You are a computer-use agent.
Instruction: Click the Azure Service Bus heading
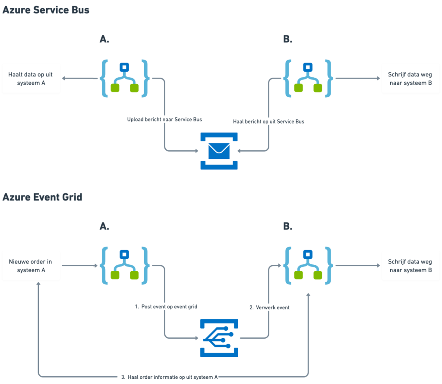pyautogui.click(x=46, y=10)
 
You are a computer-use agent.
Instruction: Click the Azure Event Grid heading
pyautogui.click(x=42, y=197)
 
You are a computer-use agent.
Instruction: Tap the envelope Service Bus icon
pyautogui.click(x=219, y=151)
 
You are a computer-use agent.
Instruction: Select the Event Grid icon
pyautogui.click(x=219, y=338)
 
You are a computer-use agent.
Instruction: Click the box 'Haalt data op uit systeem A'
pyautogui.click(x=31, y=78)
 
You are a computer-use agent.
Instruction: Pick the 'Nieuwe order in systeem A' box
pyautogui.click(x=31, y=266)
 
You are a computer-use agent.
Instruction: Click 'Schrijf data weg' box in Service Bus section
pyautogui.click(x=410, y=78)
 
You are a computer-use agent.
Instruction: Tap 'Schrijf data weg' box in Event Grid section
pyautogui.click(x=410, y=266)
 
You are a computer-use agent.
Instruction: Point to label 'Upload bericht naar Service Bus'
pyautogui.click(x=164, y=119)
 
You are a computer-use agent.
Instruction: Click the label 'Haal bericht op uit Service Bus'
pyautogui.click(x=268, y=122)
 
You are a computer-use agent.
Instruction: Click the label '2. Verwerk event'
pyautogui.click(x=269, y=308)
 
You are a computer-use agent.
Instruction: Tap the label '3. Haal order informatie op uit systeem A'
pyautogui.click(x=169, y=377)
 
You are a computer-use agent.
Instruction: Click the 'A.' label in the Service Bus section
pyautogui.click(x=104, y=39)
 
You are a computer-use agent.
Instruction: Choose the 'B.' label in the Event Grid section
pyautogui.click(x=288, y=226)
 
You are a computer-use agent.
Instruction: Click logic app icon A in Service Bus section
pyautogui.click(x=125, y=78)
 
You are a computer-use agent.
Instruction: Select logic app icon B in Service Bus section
pyautogui.click(x=308, y=78)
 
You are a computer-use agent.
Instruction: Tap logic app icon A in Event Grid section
pyautogui.click(x=125, y=266)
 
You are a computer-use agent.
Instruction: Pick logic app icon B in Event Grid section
pyautogui.click(x=308, y=266)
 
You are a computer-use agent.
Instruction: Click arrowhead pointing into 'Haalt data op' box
pyautogui.click(x=63, y=78)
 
